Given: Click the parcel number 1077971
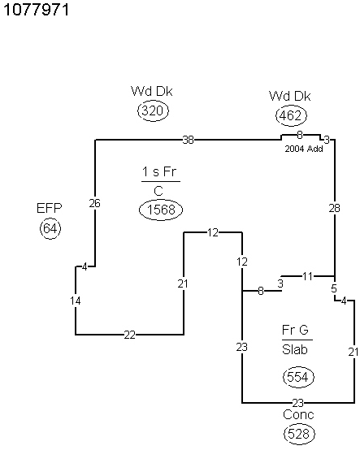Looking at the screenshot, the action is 36,10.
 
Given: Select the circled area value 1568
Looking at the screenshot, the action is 161,210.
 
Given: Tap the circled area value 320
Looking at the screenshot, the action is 153,110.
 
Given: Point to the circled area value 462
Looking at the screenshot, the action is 291,115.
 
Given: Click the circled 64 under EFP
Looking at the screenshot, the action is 50,228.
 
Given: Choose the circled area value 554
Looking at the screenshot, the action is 298,378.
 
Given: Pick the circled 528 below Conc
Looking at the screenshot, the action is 299,434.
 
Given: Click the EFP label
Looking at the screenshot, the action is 50,208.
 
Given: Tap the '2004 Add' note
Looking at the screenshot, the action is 304,149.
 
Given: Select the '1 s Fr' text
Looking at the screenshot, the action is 159,172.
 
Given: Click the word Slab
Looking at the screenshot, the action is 295,349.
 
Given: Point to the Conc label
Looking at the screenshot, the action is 298,415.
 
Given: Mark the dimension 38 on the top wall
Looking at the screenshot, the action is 188,140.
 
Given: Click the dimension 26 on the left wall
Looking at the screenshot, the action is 94,203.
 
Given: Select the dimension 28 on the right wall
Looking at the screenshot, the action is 334,208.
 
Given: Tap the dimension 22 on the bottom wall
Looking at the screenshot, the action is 130,335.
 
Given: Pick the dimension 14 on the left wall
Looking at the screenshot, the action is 76,301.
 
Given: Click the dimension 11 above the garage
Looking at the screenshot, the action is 307,276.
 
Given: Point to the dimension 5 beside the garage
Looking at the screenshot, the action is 334,288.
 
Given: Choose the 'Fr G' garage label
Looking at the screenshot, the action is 295,330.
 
